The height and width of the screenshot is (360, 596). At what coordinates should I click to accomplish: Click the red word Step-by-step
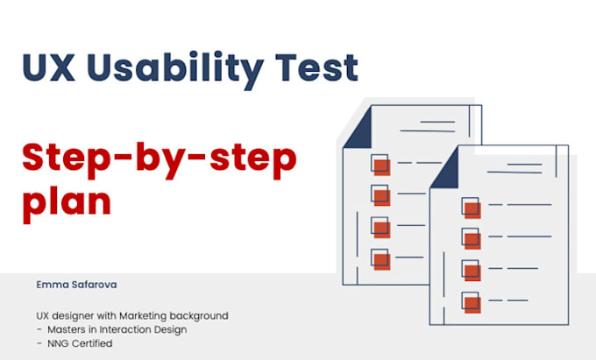coord(159,159)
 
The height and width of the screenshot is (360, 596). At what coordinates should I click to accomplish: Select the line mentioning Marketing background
coord(132,314)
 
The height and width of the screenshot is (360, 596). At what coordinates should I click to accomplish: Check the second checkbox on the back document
coord(380,194)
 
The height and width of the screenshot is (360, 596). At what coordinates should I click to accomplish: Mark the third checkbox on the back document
coord(380,226)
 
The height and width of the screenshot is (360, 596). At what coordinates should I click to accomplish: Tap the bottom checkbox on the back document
coord(380,258)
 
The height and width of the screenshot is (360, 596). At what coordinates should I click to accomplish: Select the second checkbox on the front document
coord(472,238)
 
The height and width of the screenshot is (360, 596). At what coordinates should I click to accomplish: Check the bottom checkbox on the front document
coord(472,302)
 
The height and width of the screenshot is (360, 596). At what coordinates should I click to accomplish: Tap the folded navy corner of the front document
coord(446,173)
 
